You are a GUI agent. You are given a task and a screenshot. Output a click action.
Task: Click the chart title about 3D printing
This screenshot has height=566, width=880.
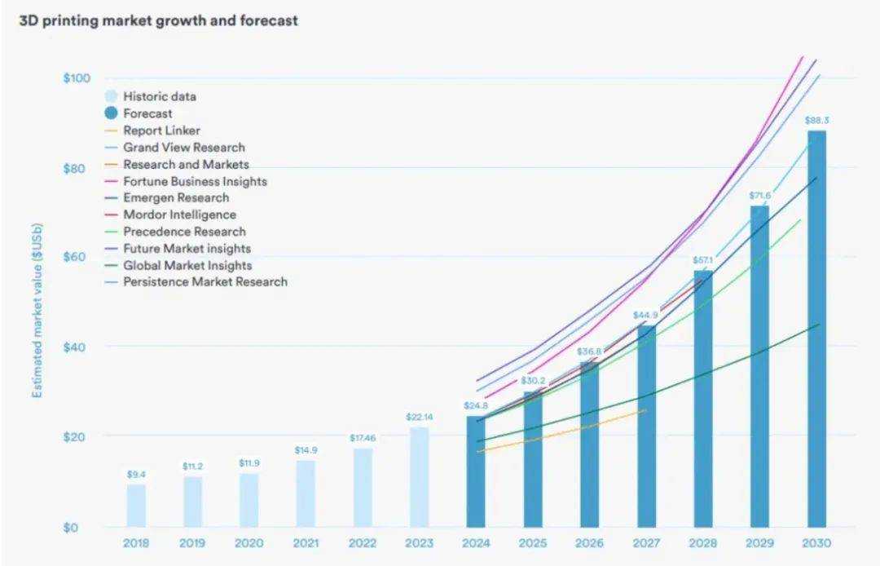pos(158,21)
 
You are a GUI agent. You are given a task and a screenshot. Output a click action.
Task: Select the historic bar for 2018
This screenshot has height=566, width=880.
pos(136,506)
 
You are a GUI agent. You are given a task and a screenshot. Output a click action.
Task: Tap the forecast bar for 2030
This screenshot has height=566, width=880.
pos(816,326)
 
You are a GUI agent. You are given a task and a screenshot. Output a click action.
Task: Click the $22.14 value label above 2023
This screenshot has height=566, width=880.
pos(418,418)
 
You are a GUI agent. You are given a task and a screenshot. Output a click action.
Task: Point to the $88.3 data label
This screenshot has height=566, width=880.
pos(816,121)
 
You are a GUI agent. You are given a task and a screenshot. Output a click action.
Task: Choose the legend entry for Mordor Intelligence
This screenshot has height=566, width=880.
pos(179,214)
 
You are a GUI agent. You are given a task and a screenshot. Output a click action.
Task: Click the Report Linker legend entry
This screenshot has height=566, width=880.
pos(161,130)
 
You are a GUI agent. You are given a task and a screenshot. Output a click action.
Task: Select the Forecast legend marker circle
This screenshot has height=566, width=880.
pos(112,113)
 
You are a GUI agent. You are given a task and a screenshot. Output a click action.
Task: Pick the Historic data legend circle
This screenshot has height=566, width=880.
pos(112,96)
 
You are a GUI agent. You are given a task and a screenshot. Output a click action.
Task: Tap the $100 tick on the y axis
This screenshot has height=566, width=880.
pos(76,78)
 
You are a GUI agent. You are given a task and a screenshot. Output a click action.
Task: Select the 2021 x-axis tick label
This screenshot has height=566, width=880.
pos(306,543)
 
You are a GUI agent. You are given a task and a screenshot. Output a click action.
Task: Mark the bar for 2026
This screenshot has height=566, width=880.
pos(589,444)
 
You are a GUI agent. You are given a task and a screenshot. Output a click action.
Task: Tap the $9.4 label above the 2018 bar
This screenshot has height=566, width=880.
pos(136,475)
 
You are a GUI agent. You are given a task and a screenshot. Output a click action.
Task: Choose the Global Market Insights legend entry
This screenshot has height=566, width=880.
pos(187,265)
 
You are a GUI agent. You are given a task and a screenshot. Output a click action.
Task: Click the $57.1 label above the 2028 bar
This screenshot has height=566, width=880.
pos(703,260)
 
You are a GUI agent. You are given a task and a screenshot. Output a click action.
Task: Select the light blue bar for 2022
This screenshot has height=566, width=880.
pos(363,488)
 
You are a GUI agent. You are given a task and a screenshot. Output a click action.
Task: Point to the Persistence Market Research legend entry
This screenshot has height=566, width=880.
pos(205,281)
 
